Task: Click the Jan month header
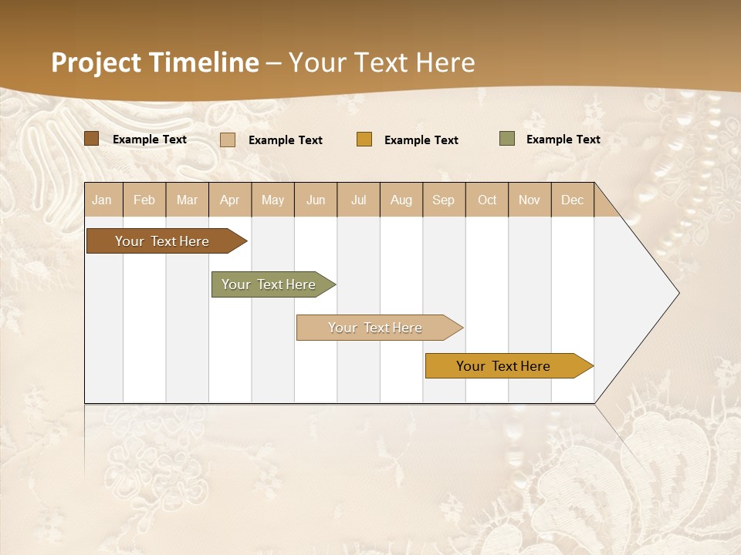[103, 200]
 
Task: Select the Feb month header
[144, 200]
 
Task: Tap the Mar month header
[187, 200]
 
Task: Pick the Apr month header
[230, 200]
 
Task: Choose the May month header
[272, 200]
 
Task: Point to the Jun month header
[316, 200]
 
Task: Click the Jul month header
[358, 200]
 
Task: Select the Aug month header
[401, 200]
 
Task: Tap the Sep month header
[444, 200]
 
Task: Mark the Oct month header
[487, 200]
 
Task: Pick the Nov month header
[530, 200]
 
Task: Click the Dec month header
[573, 200]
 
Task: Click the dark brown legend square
[92, 139]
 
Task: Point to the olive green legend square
[507, 139]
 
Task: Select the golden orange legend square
[364, 140]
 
